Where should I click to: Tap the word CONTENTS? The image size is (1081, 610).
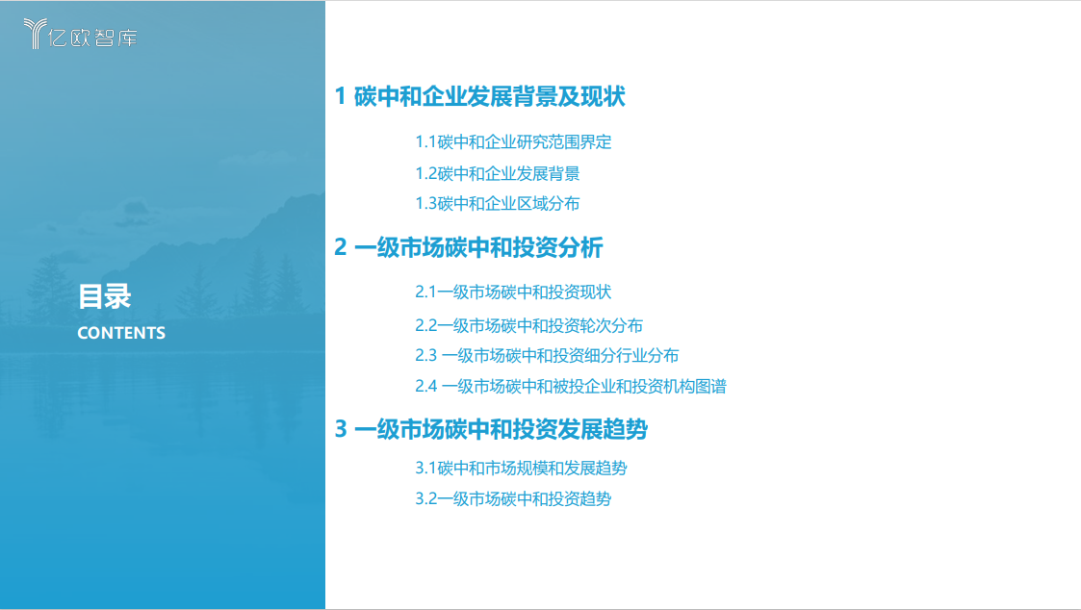(x=121, y=333)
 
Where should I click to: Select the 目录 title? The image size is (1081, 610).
(x=104, y=296)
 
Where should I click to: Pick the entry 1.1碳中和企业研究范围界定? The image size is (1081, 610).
(x=513, y=142)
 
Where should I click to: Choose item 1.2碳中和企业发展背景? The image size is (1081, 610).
(x=497, y=173)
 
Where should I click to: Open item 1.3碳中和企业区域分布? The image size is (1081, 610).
(x=497, y=203)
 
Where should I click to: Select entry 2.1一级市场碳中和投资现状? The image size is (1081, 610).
(x=513, y=292)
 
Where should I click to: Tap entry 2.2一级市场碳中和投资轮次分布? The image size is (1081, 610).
(x=528, y=325)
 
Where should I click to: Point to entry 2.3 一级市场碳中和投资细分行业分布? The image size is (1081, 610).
(x=547, y=355)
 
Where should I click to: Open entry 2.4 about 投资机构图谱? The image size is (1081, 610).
(x=570, y=386)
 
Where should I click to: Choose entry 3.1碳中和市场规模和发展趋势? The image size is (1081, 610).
(x=521, y=469)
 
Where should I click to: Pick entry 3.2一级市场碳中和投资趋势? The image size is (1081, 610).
(x=513, y=498)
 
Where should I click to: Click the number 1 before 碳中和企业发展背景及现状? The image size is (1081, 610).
(x=340, y=96)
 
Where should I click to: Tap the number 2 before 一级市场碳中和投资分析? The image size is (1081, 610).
(x=340, y=247)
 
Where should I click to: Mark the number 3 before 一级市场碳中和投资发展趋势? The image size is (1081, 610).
(x=340, y=429)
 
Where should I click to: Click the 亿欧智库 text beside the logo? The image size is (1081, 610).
(x=94, y=38)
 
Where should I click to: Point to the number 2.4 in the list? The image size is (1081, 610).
(x=426, y=386)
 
